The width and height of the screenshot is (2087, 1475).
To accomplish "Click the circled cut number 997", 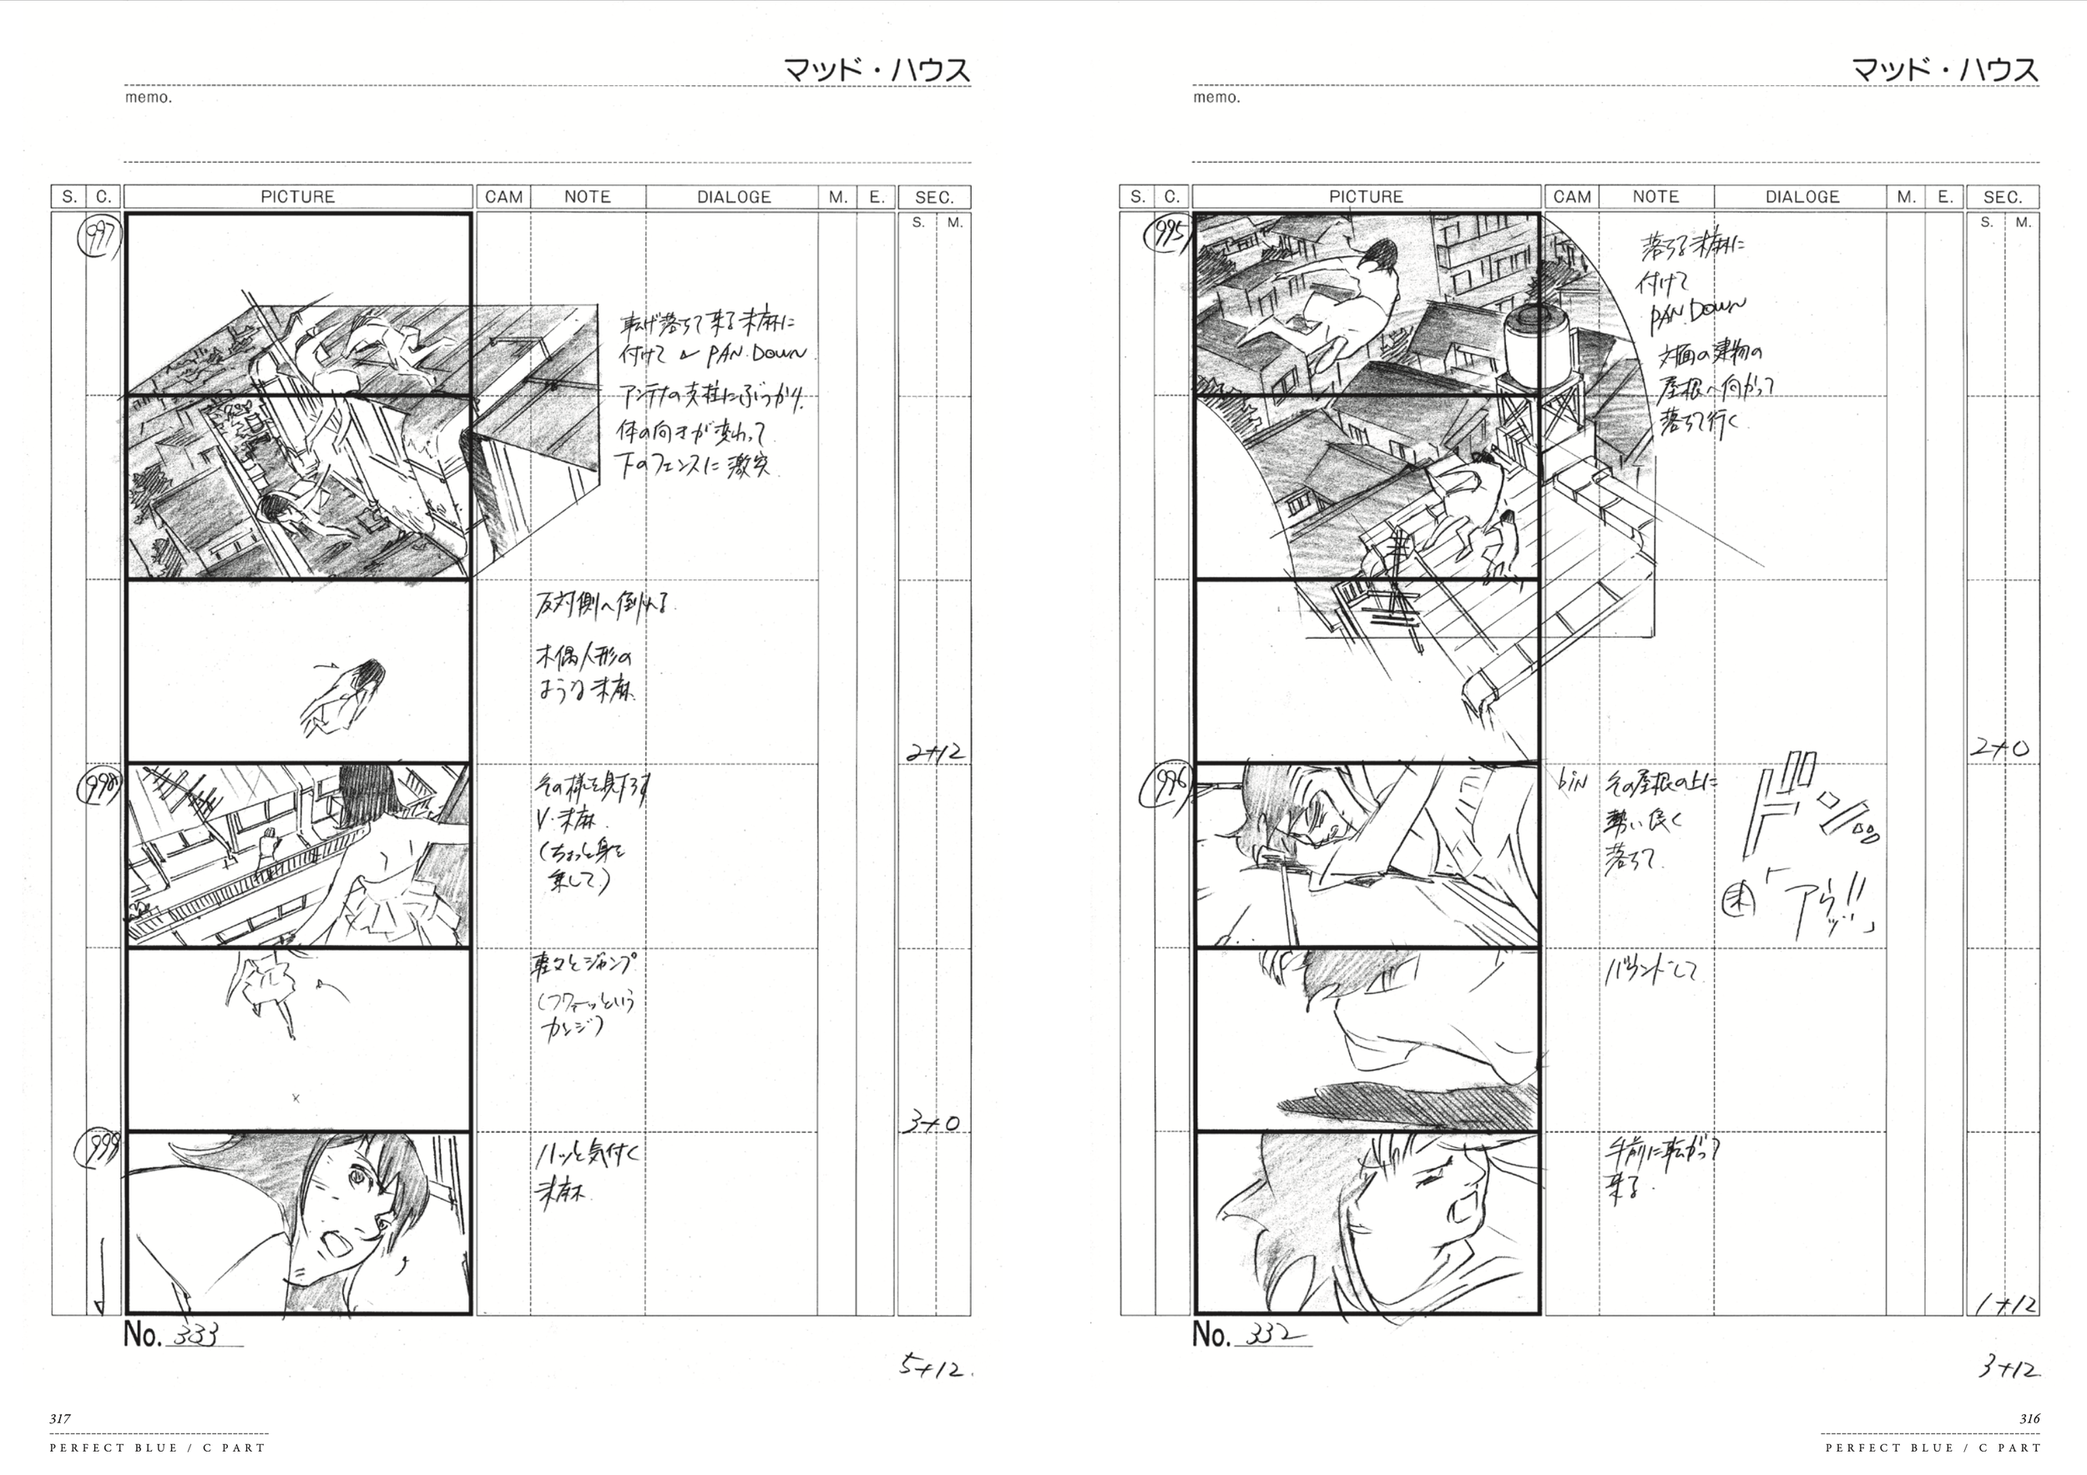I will tap(99, 239).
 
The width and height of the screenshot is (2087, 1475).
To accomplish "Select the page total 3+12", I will tap(2009, 1368).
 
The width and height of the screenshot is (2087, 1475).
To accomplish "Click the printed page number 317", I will tap(60, 1417).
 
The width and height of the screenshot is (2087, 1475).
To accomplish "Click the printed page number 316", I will tap(2029, 1417).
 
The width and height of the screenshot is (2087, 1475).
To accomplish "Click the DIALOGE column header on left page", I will tap(734, 196).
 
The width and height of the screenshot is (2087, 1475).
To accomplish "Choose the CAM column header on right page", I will tap(1572, 196).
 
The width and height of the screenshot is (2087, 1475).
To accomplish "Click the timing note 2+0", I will tap(1999, 749).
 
